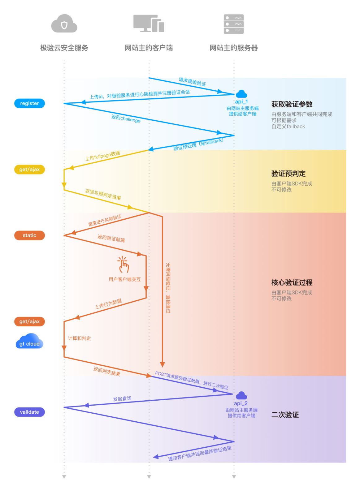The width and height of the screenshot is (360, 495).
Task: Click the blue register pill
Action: pyautogui.click(x=29, y=103)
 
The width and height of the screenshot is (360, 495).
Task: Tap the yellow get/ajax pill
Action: pyautogui.click(x=29, y=170)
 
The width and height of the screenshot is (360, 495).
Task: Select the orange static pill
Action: pyautogui.click(x=29, y=235)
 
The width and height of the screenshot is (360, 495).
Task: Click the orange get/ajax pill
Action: pyautogui.click(x=29, y=321)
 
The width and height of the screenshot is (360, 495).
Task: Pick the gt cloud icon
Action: pyautogui.click(x=29, y=341)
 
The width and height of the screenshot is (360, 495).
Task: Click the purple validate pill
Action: pyautogui.click(x=29, y=412)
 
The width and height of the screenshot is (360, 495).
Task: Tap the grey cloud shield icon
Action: pyautogui.click(x=64, y=24)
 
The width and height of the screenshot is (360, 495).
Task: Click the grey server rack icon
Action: pyautogui.click(x=234, y=24)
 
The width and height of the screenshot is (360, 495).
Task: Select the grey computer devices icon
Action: pyautogui.click(x=149, y=23)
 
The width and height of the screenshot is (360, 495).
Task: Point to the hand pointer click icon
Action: pyautogui.click(x=123, y=265)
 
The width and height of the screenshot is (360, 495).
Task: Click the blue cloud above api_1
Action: pyautogui.click(x=241, y=94)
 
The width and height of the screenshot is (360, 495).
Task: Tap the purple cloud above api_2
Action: pyautogui.click(x=241, y=395)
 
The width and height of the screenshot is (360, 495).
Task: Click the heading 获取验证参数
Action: pyautogui.click(x=292, y=104)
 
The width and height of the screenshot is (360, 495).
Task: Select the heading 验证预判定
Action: pyautogui.click(x=288, y=174)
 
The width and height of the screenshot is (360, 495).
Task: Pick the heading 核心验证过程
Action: pyautogui.click(x=292, y=282)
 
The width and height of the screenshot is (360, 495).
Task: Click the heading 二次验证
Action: pyautogui.click(x=285, y=415)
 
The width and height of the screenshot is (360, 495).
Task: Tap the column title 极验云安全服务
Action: pyautogui.click(x=64, y=48)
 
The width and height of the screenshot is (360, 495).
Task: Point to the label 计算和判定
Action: pyautogui.click(x=80, y=338)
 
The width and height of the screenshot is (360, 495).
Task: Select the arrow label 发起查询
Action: pyautogui.click(x=122, y=399)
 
